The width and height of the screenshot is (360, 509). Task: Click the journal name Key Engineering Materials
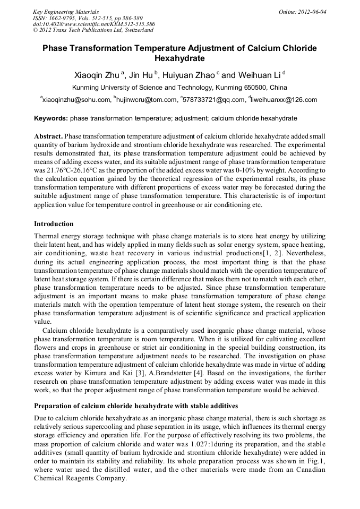pos(65,11)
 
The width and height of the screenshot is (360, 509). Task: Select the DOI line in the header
pos(93,24)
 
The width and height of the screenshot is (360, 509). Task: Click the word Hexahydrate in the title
pos(179,58)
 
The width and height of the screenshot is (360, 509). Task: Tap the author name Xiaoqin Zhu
pos(97,75)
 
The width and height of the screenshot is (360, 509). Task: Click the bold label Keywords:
pos(50,118)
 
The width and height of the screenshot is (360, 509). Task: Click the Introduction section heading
pos(54,224)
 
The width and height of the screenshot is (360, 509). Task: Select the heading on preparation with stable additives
pos(136,406)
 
